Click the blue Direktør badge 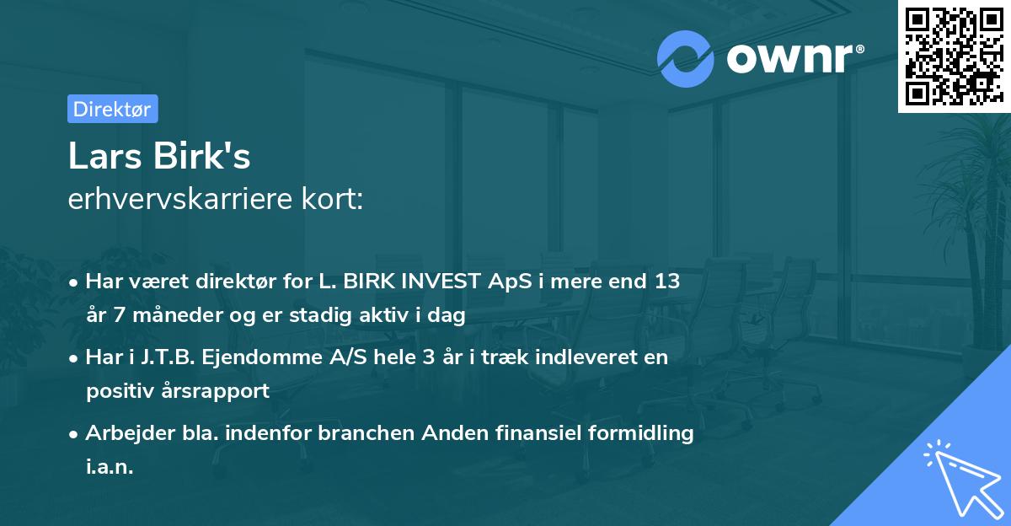(x=112, y=109)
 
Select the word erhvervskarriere (x=178, y=199)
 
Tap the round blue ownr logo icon (x=684, y=59)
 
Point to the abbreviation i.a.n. (x=110, y=466)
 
